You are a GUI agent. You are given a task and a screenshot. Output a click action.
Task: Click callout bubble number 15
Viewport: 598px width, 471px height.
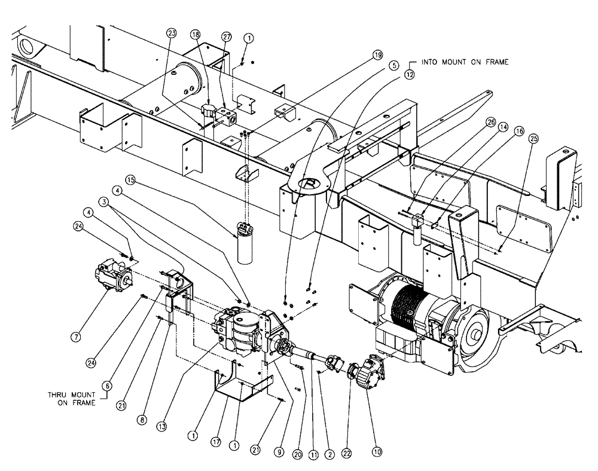point(131,179)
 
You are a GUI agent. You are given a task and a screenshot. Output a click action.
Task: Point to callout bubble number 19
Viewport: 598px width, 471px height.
point(377,55)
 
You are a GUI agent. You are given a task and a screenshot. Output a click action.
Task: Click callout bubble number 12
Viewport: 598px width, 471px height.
point(409,75)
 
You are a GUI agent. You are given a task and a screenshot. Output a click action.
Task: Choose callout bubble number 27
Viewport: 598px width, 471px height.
point(225,37)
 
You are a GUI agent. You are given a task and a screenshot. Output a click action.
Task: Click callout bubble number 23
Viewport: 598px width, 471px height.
point(172,33)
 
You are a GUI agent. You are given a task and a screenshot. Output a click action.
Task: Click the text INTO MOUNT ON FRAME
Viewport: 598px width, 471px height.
point(466,62)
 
